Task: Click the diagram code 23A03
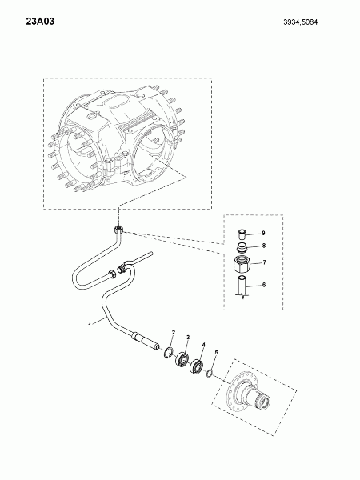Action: pos(40,22)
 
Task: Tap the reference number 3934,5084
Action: pos(300,22)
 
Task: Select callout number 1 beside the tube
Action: pos(90,325)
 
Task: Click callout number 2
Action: pos(174,332)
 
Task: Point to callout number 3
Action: pos(188,337)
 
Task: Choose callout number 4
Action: pos(203,345)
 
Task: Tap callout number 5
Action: pos(216,352)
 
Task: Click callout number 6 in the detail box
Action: pos(264,285)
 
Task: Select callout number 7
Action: pos(265,262)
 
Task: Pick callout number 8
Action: pos(264,246)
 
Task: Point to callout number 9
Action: pos(263,233)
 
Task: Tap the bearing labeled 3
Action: pos(182,359)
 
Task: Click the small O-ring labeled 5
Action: pos(210,374)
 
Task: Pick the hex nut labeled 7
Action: pos(242,263)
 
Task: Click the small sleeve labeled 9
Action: pos(242,234)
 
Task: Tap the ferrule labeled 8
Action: pos(242,246)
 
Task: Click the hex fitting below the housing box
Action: pos(118,230)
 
